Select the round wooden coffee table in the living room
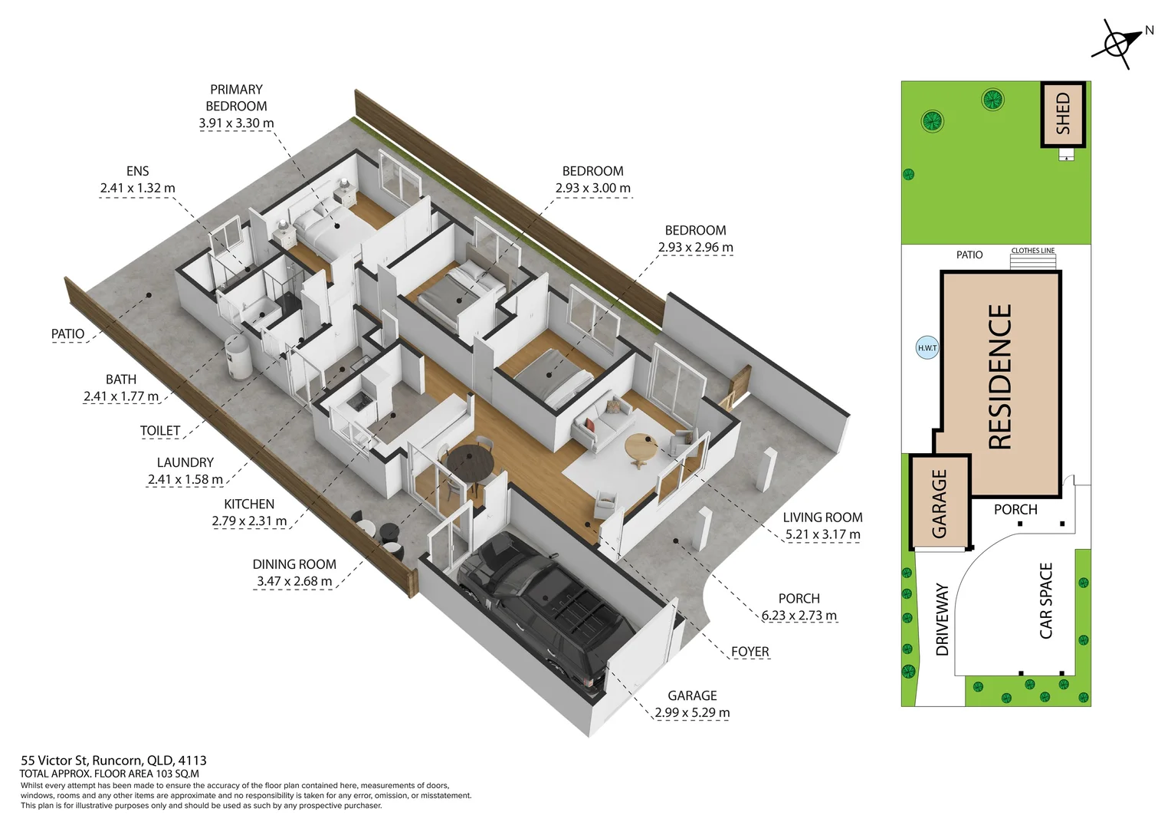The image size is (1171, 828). [642, 449]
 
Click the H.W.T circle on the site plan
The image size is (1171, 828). [927, 347]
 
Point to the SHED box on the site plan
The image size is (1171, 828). [1063, 113]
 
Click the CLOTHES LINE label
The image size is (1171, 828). [1032, 251]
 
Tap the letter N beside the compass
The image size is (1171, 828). [1149, 31]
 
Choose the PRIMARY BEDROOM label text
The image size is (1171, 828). [236, 98]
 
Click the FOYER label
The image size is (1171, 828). [750, 652]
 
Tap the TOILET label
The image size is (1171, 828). [160, 430]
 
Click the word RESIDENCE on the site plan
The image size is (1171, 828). [1001, 376]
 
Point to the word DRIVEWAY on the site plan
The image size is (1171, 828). [942, 619]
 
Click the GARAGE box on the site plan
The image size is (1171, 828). [940, 502]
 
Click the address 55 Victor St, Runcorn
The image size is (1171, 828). [113, 760]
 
